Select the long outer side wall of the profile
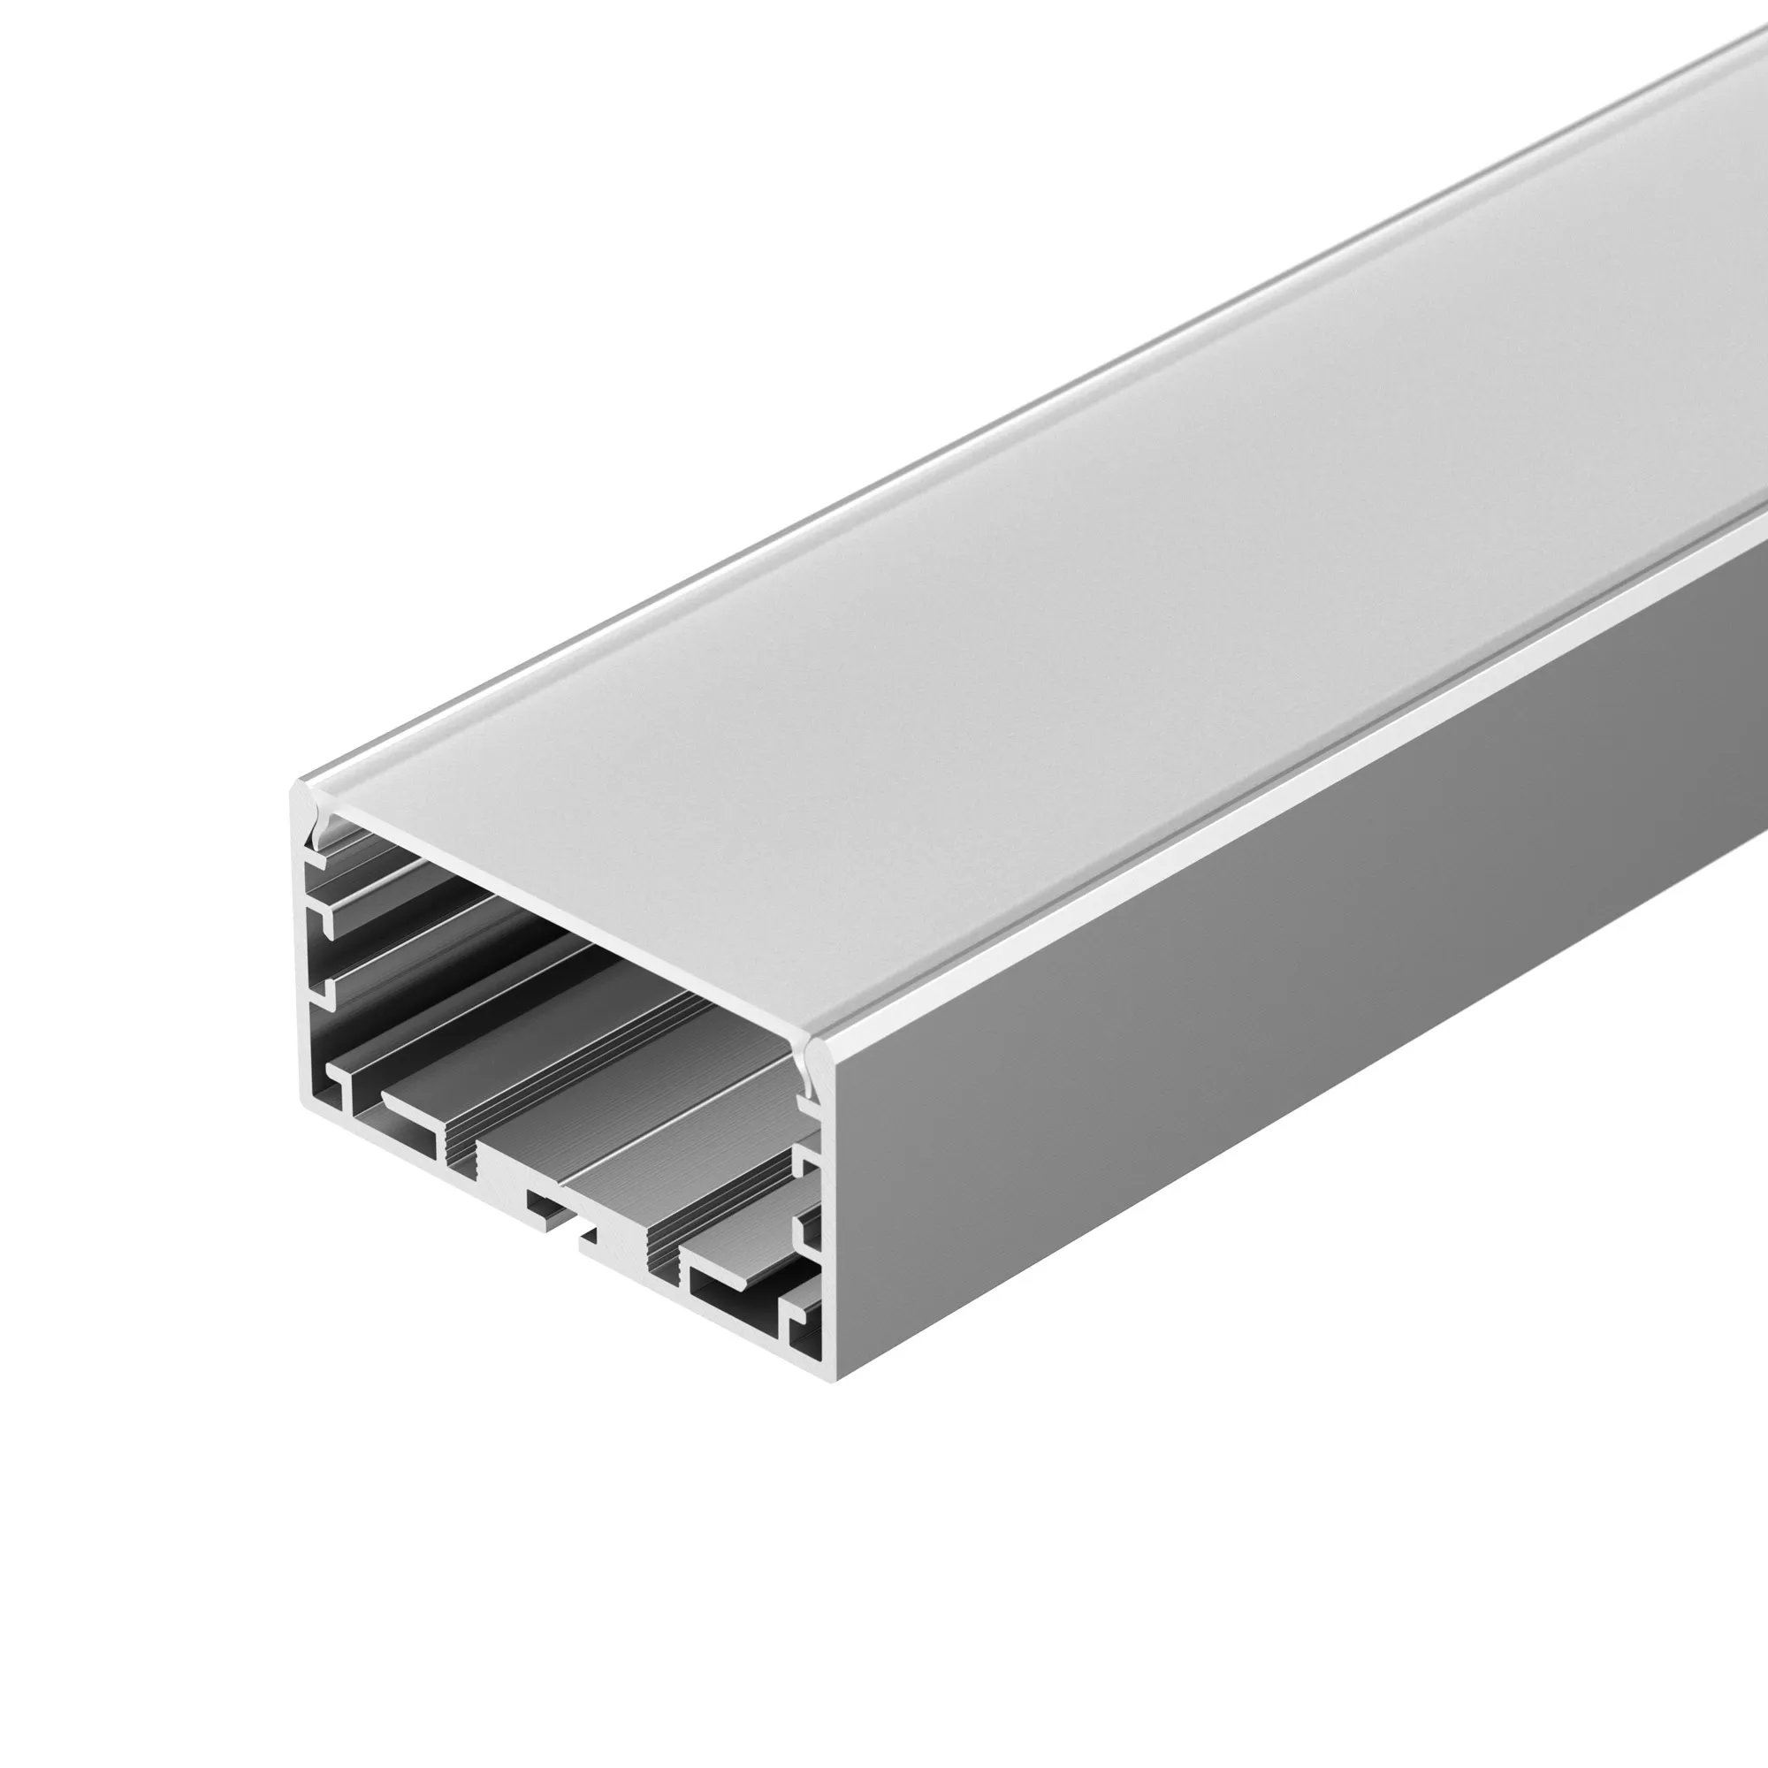[1281, 961]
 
